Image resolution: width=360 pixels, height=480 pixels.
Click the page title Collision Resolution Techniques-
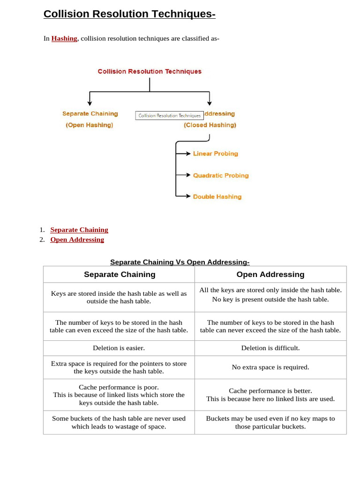click(x=129, y=14)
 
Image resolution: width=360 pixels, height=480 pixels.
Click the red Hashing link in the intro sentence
click(x=64, y=38)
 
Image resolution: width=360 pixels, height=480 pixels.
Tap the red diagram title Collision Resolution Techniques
click(x=150, y=72)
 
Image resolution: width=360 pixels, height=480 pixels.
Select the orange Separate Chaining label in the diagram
click(x=90, y=114)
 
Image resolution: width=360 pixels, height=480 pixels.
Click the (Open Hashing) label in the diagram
click(x=90, y=125)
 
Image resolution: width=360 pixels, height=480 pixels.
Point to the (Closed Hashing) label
click(x=210, y=125)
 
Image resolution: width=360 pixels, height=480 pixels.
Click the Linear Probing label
click(x=216, y=154)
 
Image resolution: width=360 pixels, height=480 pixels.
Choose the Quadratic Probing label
click(x=221, y=176)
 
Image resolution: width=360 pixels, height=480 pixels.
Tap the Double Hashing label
click(x=217, y=197)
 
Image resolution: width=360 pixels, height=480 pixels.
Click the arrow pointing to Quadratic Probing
click(x=184, y=175)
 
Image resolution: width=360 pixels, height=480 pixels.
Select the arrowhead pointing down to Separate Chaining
click(x=90, y=102)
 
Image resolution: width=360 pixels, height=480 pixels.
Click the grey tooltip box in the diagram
click(x=169, y=115)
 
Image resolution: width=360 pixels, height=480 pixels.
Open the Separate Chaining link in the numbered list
click(x=79, y=230)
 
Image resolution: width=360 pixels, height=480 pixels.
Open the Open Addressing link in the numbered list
click(x=77, y=240)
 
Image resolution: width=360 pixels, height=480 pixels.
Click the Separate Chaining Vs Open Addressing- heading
click(x=180, y=262)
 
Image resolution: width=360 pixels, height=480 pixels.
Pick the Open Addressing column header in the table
click(x=270, y=275)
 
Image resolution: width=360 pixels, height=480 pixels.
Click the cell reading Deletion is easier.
click(x=119, y=348)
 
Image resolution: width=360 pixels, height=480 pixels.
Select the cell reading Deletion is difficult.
click(x=270, y=348)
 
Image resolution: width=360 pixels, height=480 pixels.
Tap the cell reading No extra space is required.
click(x=270, y=367)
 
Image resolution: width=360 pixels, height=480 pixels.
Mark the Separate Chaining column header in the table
click(x=120, y=275)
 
